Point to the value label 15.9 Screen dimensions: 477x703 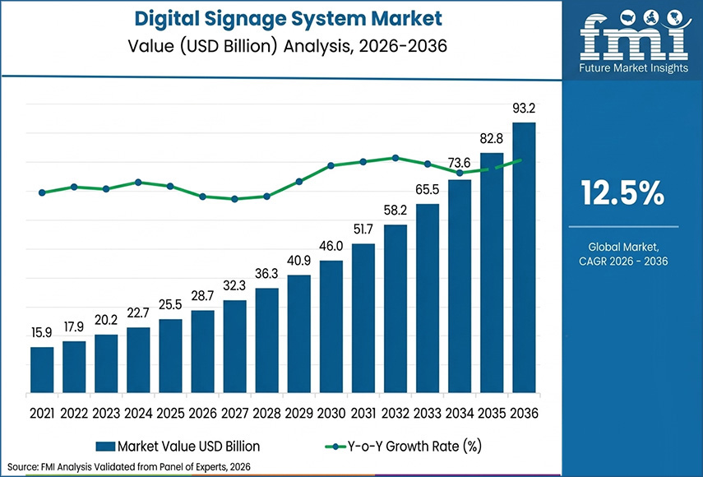point(42,334)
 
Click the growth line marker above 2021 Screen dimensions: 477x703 point(42,192)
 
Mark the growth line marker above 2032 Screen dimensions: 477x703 point(395,158)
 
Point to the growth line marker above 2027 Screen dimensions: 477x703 point(234,199)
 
